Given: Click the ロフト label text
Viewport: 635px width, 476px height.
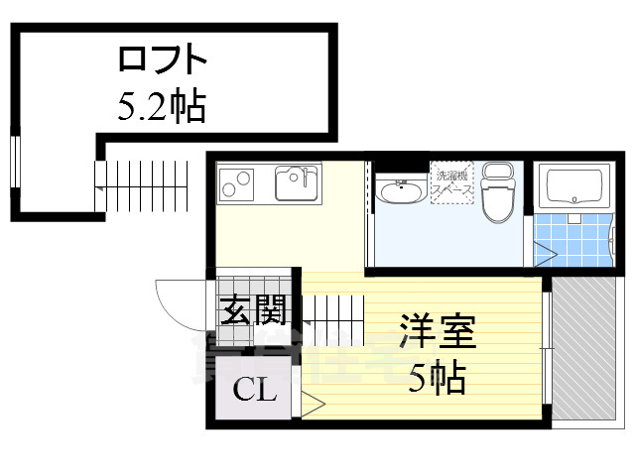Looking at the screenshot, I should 163,60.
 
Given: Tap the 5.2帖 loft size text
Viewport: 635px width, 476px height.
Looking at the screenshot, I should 161,106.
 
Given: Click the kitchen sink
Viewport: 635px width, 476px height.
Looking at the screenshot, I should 294,182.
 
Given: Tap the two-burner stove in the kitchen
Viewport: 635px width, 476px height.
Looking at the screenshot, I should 237,183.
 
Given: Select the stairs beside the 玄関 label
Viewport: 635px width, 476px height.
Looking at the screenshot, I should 327,313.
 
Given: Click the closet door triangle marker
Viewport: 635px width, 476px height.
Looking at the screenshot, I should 311,404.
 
